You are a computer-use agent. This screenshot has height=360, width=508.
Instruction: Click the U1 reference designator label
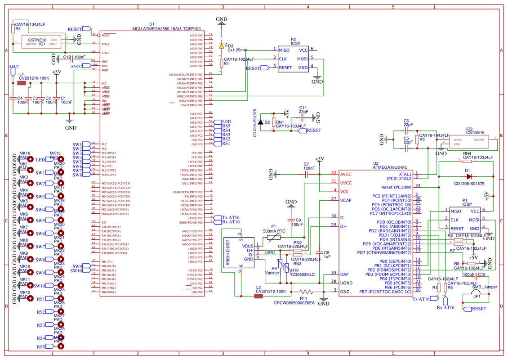click(152, 24)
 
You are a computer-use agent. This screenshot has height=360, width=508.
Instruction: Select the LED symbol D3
click(221, 46)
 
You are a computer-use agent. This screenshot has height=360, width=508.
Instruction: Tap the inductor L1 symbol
click(21, 83)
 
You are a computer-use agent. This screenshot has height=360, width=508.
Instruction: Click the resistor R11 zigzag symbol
click(307, 292)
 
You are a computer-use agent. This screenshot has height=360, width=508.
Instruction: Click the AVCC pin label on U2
click(346, 174)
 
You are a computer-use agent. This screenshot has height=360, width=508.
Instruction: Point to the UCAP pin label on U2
click(346, 200)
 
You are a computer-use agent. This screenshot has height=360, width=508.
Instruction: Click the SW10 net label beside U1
click(76, 271)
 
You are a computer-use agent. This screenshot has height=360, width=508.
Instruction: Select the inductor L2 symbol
click(258, 296)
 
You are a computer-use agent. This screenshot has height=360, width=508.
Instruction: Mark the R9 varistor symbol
click(281, 265)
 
